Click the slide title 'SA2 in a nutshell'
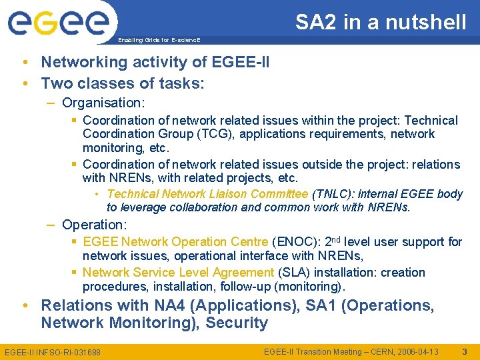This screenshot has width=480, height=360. click(x=381, y=23)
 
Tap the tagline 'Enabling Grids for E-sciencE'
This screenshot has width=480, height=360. click(x=159, y=40)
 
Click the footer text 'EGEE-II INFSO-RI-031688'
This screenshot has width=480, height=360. click(x=53, y=351)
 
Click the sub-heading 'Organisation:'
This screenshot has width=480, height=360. click(x=103, y=103)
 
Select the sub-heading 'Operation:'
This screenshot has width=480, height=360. click(x=94, y=225)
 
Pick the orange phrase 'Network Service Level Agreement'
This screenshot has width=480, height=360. click(x=178, y=272)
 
